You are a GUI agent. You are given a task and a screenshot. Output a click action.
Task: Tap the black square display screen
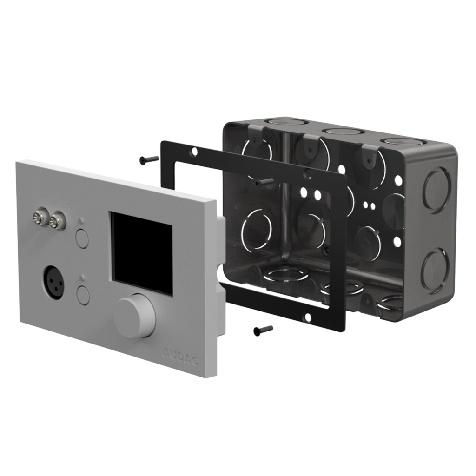pos(141,253)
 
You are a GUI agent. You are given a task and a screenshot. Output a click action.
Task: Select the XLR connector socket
pos(54,283)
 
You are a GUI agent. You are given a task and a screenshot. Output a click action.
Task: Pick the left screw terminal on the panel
pos(41,217)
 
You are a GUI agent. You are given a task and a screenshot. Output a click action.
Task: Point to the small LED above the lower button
pos(81,278)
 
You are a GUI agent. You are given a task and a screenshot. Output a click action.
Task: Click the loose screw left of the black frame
pos(149,160)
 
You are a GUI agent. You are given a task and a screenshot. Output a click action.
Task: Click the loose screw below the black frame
pos(263,331)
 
